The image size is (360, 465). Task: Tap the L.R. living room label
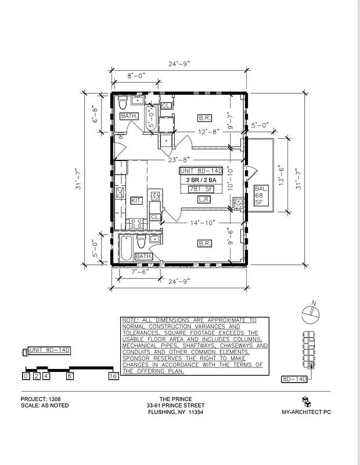point(204,199)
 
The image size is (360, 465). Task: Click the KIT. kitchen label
point(137,201)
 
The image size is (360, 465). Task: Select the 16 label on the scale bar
point(114,376)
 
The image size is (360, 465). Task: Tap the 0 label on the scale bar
point(26,376)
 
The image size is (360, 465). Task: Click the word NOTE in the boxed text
point(130,320)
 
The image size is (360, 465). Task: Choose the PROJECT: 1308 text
point(41,399)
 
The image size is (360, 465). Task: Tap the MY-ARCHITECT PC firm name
point(305,412)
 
